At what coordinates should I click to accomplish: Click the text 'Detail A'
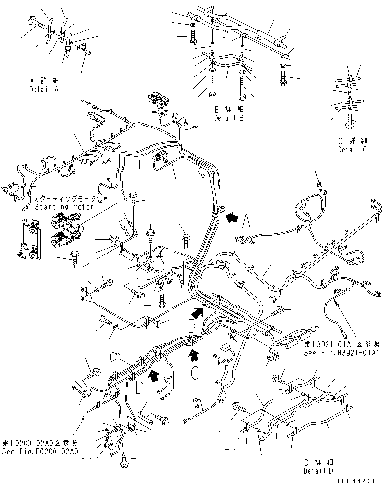click(x=44, y=90)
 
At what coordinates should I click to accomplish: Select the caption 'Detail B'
click(x=228, y=118)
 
